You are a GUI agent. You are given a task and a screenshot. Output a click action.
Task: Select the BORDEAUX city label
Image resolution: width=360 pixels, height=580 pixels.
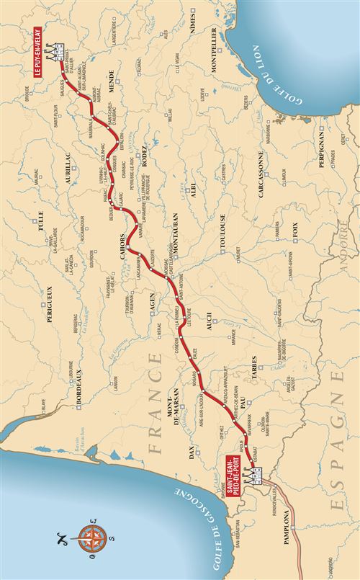[80, 379]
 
